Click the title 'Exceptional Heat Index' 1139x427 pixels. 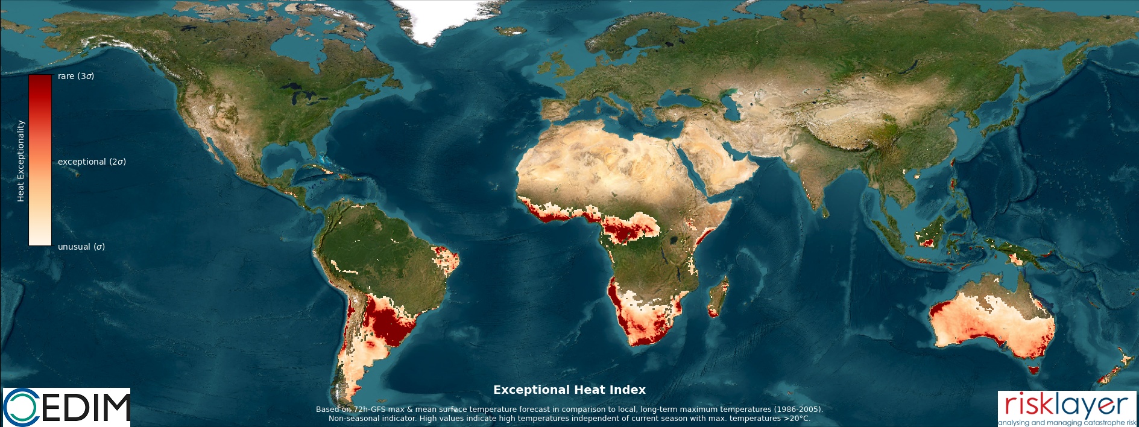coord(569,390)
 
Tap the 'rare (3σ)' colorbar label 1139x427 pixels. coord(76,76)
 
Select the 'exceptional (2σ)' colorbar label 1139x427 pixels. coord(92,162)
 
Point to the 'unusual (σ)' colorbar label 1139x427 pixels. coord(81,247)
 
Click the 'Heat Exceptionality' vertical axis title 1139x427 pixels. coord(21,160)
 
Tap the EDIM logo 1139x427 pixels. coord(66,407)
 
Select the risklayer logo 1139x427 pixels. coord(1067,408)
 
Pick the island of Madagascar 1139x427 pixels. coord(718,297)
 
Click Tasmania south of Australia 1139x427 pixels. coord(1034,370)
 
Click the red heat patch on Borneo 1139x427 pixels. coord(928,242)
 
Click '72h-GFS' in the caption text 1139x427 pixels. coord(370,410)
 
